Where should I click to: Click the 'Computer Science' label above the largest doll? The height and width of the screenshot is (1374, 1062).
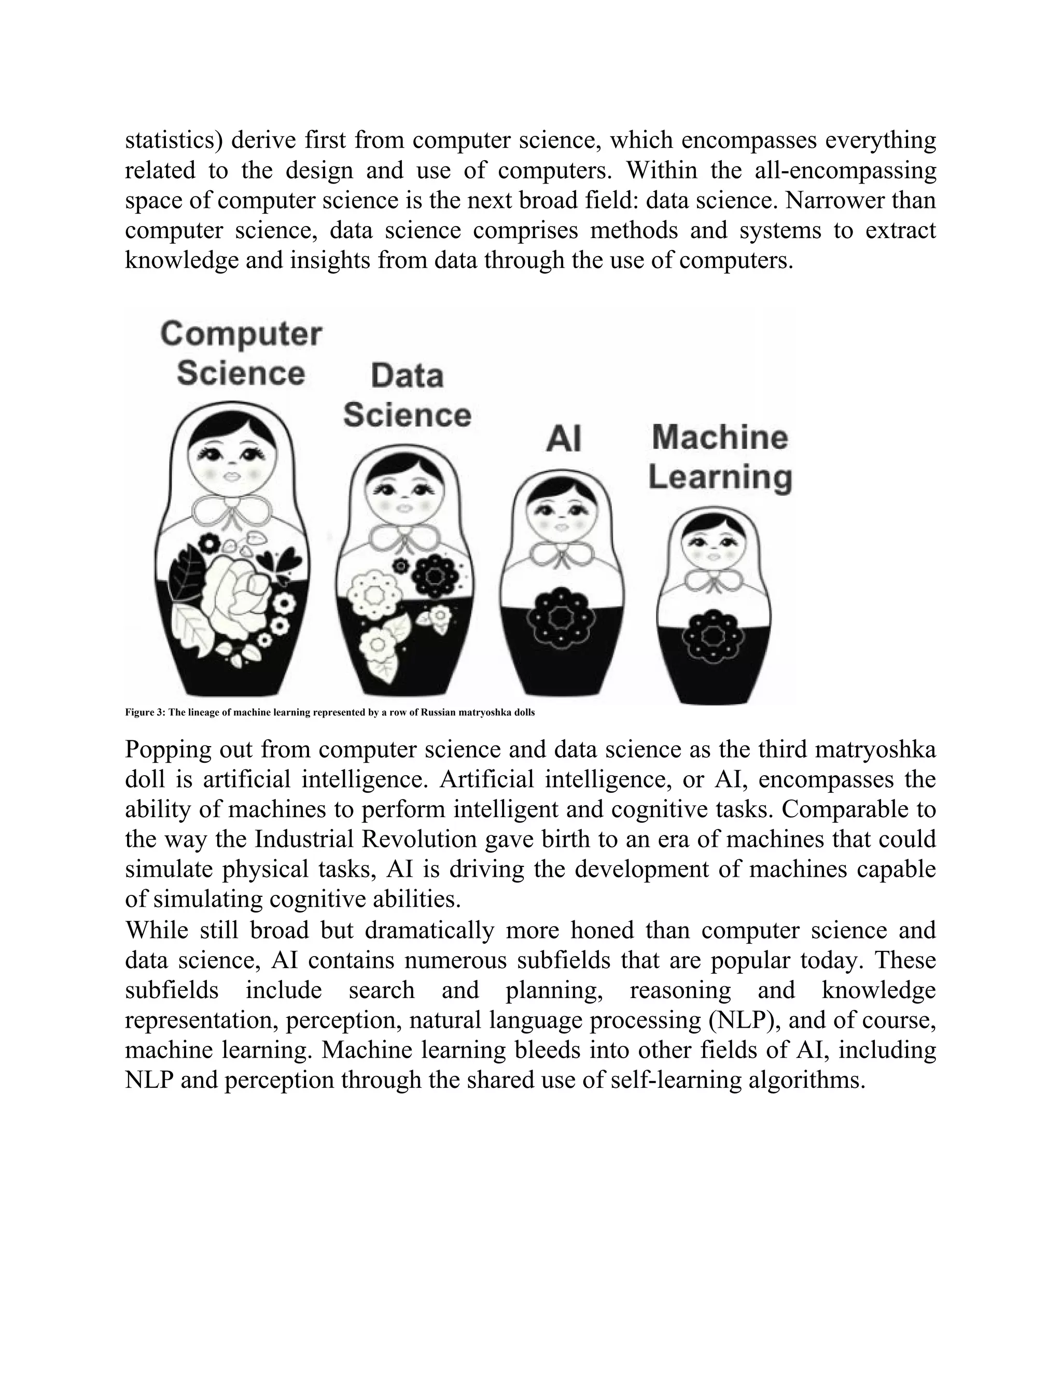point(241,354)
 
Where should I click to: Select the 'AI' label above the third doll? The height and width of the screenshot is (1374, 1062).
point(564,439)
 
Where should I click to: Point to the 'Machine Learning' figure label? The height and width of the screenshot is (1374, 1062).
point(720,457)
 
